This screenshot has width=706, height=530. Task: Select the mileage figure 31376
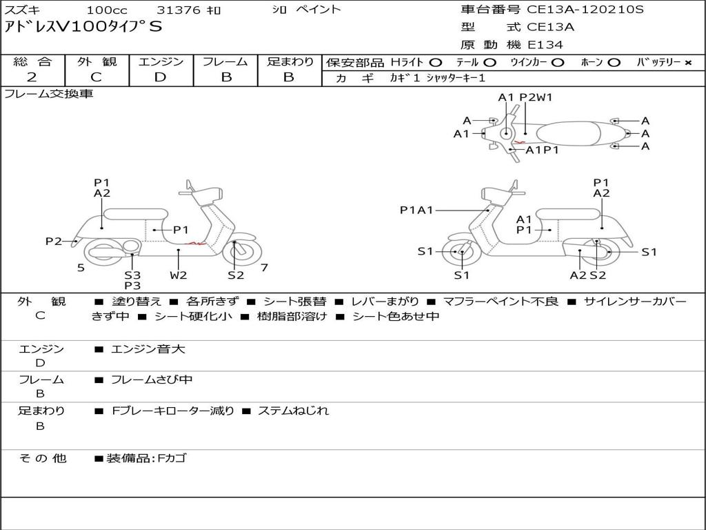(179, 10)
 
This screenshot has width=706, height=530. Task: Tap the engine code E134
(545, 45)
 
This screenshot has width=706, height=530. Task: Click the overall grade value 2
(32, 77)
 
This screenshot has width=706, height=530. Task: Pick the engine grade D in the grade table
(160, 77)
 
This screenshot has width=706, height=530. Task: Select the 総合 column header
(32, 62)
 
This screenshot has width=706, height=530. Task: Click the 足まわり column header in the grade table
(290, 62)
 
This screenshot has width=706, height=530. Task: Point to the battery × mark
(687, 62)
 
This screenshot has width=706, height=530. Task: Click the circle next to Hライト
(435, 62)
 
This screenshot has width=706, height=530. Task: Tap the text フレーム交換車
(48, 94)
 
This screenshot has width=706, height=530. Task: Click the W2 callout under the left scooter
(179, 275)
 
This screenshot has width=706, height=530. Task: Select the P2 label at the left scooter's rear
(54, 241)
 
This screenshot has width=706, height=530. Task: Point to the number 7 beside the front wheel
(264, 267)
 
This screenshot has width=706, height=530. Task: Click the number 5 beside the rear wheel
(81, 267)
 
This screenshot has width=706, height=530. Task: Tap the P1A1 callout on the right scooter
(416, 210)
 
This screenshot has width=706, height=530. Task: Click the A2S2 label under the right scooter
(587, 275)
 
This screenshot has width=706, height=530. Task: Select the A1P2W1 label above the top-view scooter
(525, 97)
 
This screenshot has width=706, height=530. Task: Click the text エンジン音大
(148, 349)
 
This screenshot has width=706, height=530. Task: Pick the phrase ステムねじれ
(293, 411)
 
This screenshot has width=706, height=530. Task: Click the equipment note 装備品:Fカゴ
(145, 458)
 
